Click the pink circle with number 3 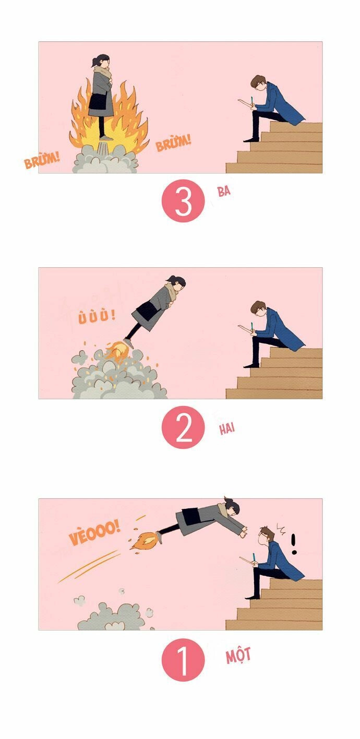tap(183, 201)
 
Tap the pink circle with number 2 tap(183, 428)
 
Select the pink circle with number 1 tap(183, 659)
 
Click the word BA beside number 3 tap(224, 191)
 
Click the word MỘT tap(238, 655)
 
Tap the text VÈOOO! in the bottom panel tap(94, 533)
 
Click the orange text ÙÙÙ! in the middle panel tap(97, 316)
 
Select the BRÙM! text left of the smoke tap(42, 161)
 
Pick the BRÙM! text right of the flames tap(174, 142)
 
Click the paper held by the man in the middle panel tap(244, 328)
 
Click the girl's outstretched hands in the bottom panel tap(243, 532)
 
